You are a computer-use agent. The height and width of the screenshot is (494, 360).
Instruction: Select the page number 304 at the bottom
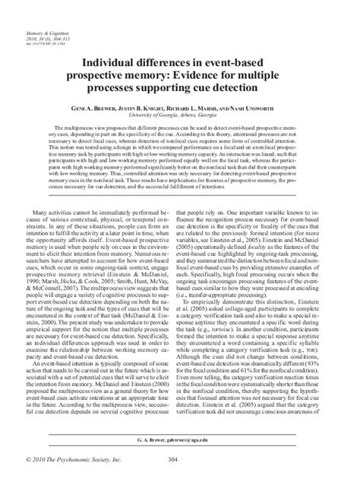180,480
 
